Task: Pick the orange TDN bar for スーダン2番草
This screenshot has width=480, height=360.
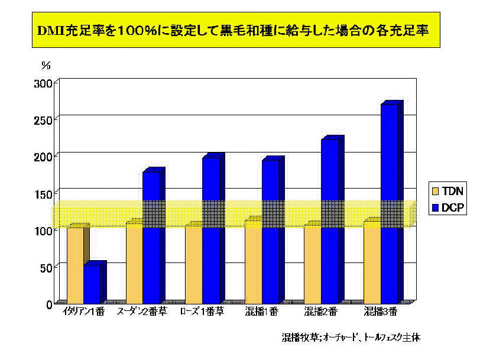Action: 134,263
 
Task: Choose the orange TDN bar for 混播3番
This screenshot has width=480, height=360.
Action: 372,262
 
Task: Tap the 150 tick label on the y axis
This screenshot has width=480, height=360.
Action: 45,193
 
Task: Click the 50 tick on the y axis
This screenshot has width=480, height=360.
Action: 47,267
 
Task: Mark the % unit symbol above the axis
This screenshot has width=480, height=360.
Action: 46,64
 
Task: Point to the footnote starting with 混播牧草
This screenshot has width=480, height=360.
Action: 351,338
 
